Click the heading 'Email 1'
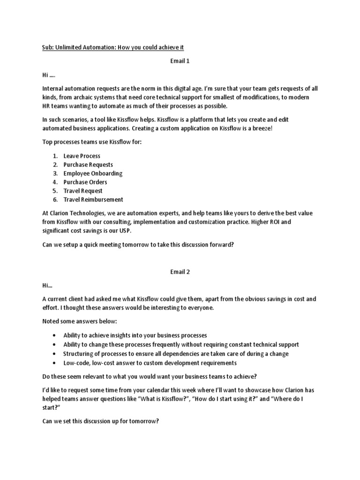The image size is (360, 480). coord(180,61)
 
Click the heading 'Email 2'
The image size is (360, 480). coord(180,271)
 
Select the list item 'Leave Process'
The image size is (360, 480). coord(82,156)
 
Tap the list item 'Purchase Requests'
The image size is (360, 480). coord(88,165)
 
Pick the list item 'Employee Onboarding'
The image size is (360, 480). coord(93,173)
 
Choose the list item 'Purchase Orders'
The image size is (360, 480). coord(85,182)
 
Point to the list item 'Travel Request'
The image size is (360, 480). coord(83,191)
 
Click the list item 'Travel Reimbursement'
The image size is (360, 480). coord(93,199)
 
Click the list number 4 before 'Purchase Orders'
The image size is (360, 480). coord(54,182)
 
